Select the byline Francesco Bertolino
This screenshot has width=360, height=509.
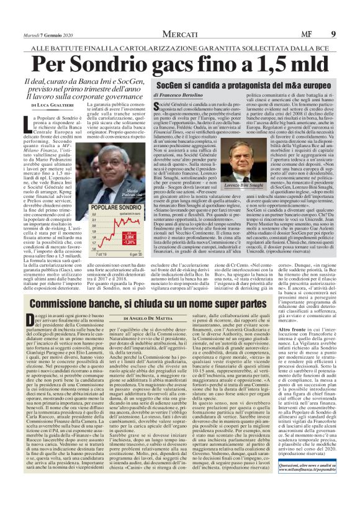point(178,94)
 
